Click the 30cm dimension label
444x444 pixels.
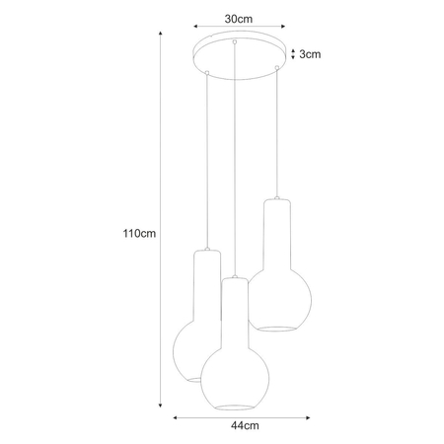pos(238,18)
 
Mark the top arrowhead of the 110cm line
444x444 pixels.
pos(161,32)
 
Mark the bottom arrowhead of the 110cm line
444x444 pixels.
pos(161,405)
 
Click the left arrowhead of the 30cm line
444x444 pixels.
pos(195,27)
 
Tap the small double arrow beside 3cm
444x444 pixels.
pos(292,55)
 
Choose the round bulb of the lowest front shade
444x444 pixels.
pos(234,371)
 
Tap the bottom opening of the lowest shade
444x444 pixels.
pos(234,406)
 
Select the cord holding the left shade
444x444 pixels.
pos(206,158)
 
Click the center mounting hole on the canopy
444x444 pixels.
pos(234,43)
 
